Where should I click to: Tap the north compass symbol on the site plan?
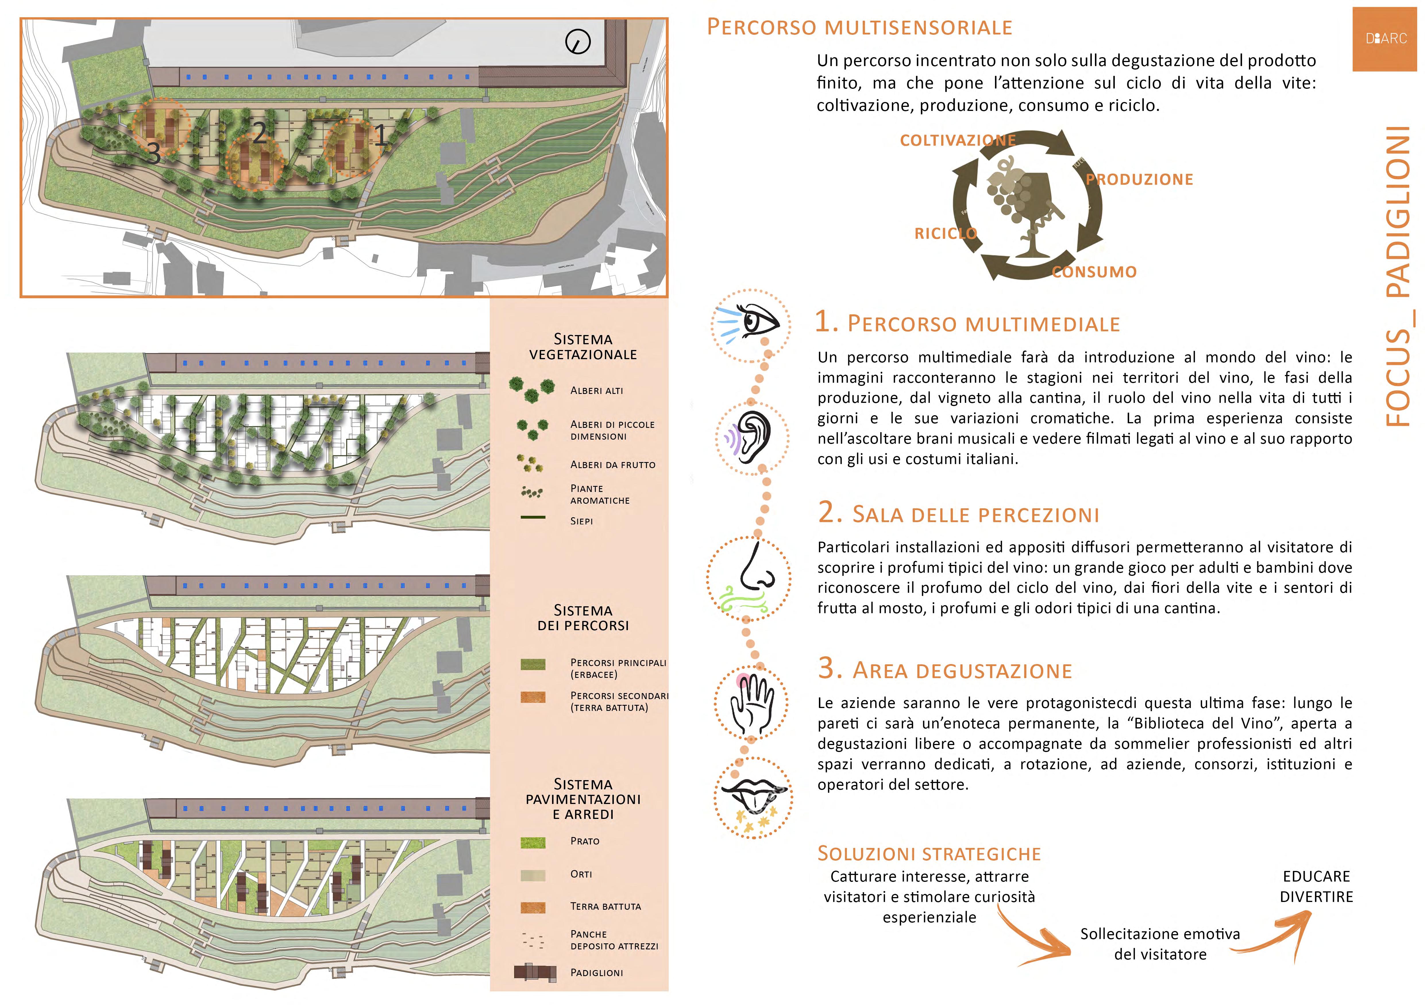point(578,42)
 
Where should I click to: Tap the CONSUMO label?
point(1094,272)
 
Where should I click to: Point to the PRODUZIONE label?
point(1139,179)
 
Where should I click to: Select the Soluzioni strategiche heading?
point(929,853)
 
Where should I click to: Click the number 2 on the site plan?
point(259,132)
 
